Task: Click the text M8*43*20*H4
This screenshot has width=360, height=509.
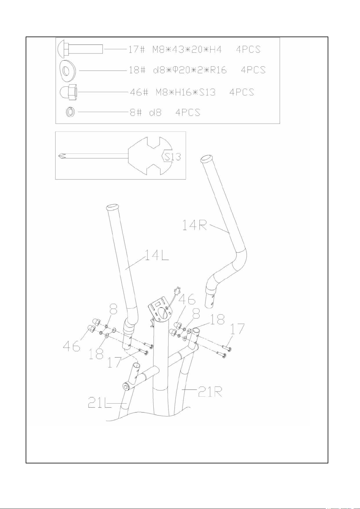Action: coord(187,49)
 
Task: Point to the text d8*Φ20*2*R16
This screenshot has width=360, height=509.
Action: coord(190,70)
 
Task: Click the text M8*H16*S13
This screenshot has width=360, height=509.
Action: coord(185,92)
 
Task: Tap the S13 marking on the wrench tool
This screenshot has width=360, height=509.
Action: coord(173,156)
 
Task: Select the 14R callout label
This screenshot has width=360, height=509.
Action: coord(195,226)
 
